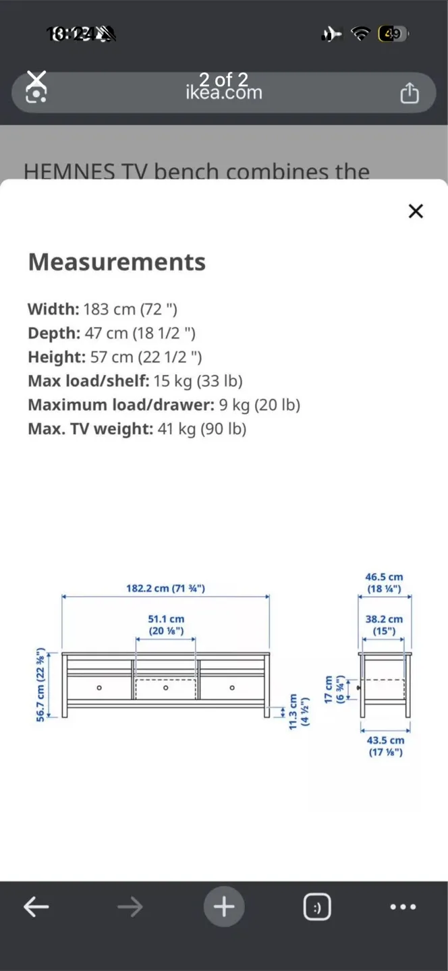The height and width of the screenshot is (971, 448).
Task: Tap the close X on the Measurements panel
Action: (x=416, y=211)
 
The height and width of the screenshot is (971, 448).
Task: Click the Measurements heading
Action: (x=117, y=262)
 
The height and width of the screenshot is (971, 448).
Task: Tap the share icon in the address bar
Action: (x=410, y=93)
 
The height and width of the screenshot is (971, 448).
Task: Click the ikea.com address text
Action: (x=224, y=92)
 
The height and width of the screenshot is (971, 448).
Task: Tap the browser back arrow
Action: (x=36, y=907)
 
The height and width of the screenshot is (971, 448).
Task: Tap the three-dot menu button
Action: (x=403, y=907)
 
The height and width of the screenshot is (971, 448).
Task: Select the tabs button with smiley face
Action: (x=316, y=907)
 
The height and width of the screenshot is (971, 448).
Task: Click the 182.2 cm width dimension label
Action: (x=165, y=588)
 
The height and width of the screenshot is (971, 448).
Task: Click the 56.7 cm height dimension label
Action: (x=41, y=684)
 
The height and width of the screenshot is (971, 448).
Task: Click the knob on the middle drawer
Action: (x=165, y=688)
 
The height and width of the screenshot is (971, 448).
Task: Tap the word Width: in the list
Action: (x=53, y=309)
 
